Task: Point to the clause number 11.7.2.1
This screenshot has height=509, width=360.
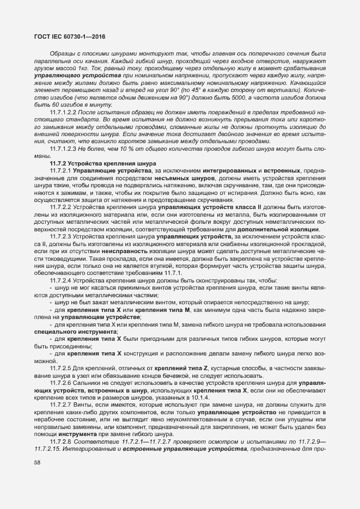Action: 60,171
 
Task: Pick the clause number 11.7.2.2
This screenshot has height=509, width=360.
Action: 60,207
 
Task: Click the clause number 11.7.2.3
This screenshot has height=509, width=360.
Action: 60,237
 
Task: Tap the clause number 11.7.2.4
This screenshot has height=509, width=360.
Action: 60,280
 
